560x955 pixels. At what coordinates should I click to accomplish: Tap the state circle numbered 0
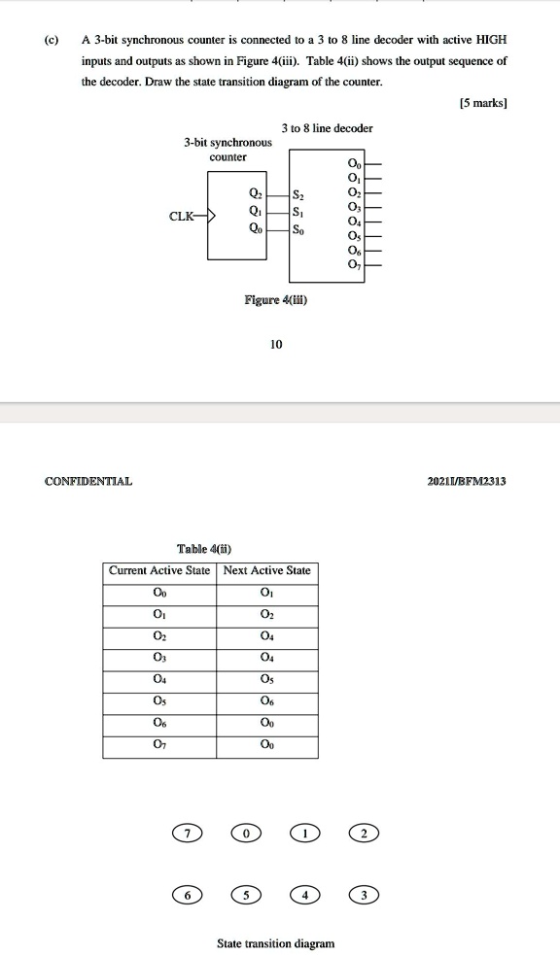point(248,833)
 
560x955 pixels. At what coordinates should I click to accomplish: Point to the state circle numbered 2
point(364,833)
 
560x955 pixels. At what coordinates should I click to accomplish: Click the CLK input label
point(182,216)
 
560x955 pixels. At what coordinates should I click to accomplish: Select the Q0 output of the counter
point(255,230)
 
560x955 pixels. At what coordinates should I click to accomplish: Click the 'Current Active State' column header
point(159,570)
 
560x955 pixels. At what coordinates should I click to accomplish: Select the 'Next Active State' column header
point(266,570)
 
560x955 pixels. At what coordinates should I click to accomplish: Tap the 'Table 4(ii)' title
point(205,547)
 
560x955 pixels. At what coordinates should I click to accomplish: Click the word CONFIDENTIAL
point(88,480)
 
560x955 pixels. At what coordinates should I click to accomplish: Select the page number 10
point(276,344)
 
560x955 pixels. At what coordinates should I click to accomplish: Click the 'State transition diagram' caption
point(275,942)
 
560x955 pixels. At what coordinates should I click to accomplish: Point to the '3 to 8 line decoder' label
point(327,128)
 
